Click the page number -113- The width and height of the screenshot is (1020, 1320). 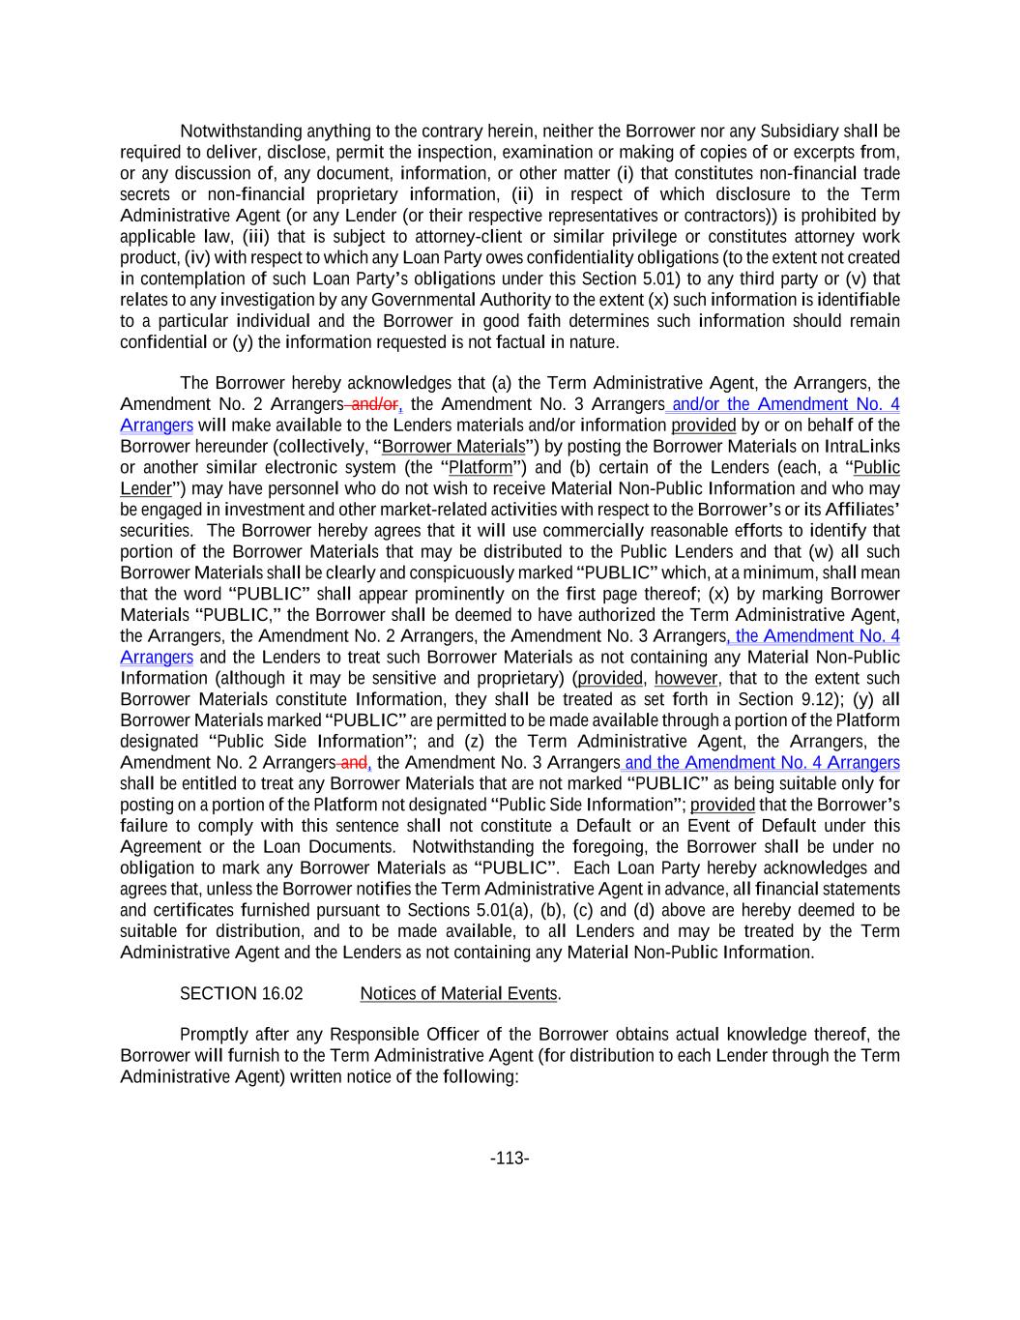pyautogui.click(x=510, y=1158)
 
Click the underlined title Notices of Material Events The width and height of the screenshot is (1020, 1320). pyautogui.click(x=458, y=993)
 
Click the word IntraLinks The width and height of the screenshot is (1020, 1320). pyautogui.click(x=861, y=446)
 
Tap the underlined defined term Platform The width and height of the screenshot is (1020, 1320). pyautogui.click(x=481, y=467)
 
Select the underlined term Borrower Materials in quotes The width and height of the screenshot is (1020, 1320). pyautogui.click(x=453, y=446)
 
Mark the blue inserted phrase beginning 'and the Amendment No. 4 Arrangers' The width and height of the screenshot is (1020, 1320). pyautogui.click(x=762, y=762)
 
